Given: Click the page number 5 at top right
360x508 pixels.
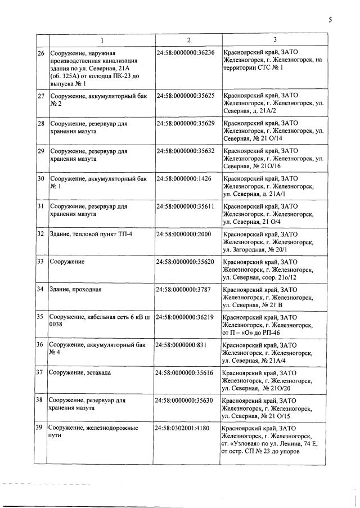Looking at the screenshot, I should pyautogui.click(x=330, y=20).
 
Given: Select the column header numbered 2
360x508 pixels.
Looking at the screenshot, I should pyautogui.click(x=188, y=40).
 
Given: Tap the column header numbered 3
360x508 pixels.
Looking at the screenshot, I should pyautogui.click(x=274, y=39).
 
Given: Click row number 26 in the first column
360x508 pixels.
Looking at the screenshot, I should pyautogui.click(x=40, y=53).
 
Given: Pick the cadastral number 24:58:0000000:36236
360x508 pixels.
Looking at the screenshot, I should pyautogui.click(x=185, y=53).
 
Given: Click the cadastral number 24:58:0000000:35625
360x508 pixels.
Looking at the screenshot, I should pyautogui.click(x=185, y=96).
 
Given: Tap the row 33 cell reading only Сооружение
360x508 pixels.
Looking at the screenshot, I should pyautogui.click(x=67, y=262).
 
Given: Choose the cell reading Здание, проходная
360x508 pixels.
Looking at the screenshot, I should pyautogui.click(x=77, y=290).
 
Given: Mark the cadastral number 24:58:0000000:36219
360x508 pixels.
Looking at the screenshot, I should pyautogui.click(x=185, y=317).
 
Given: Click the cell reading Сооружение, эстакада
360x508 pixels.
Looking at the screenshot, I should pyautogui.click(x=82, y=372).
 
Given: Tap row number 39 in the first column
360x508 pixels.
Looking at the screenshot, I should pyautogui.click(x=40, y=428).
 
